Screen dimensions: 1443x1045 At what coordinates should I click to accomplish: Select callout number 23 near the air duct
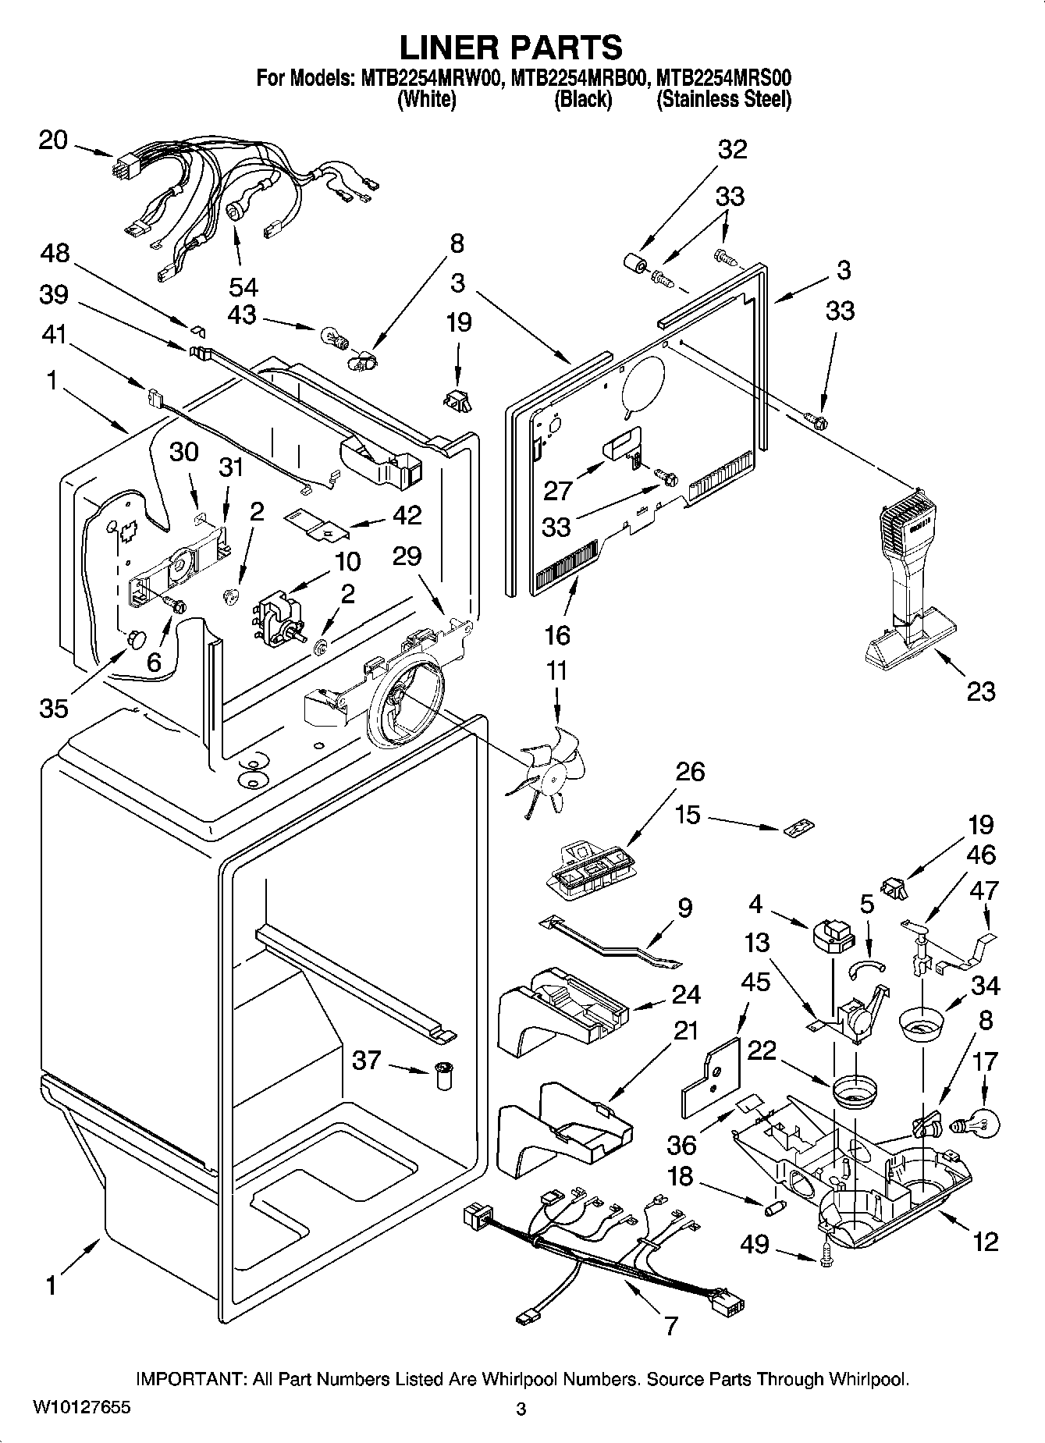point(981,691)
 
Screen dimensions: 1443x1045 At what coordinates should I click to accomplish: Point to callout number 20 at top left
point(53,140)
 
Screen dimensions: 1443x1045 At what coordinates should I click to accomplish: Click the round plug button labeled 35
point(136,638)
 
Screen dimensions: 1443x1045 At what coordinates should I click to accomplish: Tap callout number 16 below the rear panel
point(557,635)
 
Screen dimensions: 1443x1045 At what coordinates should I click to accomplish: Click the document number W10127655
point(82,1408)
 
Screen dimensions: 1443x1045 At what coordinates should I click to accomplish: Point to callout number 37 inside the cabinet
point(367,1060)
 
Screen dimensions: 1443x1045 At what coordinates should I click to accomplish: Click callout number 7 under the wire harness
point(670,1324)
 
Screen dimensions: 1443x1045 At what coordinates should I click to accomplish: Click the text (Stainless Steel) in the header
point(723,100)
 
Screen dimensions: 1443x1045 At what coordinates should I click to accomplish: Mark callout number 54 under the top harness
point(243,286)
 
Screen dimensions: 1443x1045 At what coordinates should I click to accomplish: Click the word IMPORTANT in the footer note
point(192,1379)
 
